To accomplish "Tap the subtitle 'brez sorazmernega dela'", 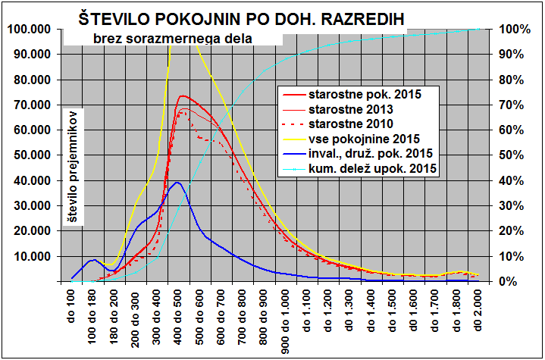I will tap(172, 37).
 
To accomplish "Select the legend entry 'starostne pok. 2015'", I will tap(364, 95).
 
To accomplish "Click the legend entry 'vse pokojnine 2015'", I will tap(361, 139).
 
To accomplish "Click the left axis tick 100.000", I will tap(28, 29).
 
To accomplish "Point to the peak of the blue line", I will tap(177, 183).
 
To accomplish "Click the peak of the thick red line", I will tap(183, 96).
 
